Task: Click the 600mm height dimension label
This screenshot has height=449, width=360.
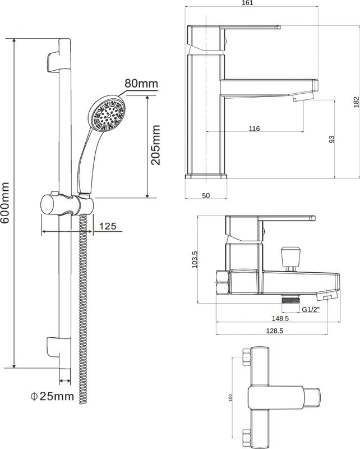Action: click(x=5, y=203)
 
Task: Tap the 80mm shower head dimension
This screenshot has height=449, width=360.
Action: click(x=141, y=83)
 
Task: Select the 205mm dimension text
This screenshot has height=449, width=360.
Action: click(x=156, y=145)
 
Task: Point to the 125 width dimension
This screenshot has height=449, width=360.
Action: click(x=108, y=226)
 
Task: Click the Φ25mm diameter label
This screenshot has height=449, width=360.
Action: click(x=52, y=396)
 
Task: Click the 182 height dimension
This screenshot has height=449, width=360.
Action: click(x=356, y=102)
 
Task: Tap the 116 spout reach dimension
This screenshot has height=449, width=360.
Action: click(x=254, y=129)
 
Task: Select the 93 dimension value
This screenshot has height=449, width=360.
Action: click(x=331, y=139)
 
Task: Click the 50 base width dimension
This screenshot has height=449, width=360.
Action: click(x=206, y=195)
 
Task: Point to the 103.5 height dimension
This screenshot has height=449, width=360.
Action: click(x=195, y=259)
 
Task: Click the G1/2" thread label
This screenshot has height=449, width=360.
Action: click(x=311, y=310)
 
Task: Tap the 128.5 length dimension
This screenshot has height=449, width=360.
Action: click(x=274, y=331)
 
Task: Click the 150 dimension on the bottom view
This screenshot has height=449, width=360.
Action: click(x=230, y=397)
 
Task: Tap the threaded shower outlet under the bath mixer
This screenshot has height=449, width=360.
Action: click(x=290, y=299)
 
